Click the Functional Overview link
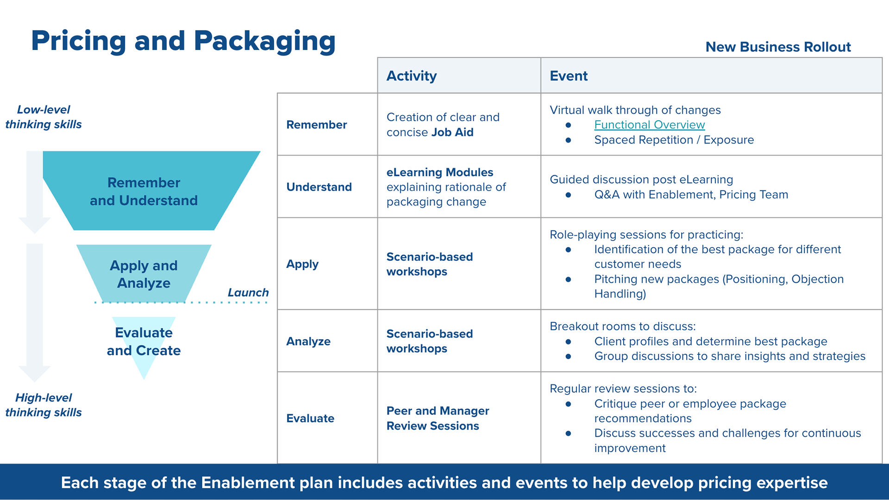tap(649, 125)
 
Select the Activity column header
tap(412, 76)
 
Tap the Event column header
tap(568, 76)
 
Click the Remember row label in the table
tap(316, 125)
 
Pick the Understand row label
tap(319, 187)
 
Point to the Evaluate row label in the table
tap(310, 418)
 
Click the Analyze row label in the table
tap(308, 341)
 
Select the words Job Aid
tap(452, 132)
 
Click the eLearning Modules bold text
tap(439, 172)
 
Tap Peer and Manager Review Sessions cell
tap(437, 418)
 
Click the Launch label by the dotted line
tap(248, 292)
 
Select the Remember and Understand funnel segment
tap(144, 191)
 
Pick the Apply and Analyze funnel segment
tap(144, 274)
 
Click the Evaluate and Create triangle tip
tap(144, 372)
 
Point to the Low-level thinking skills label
tap(44, 117)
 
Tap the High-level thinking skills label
tap(44, 405)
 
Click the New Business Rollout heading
tap(778, 47)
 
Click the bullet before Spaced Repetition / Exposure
tap(568, 140)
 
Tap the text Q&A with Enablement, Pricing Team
tap(691, 195)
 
